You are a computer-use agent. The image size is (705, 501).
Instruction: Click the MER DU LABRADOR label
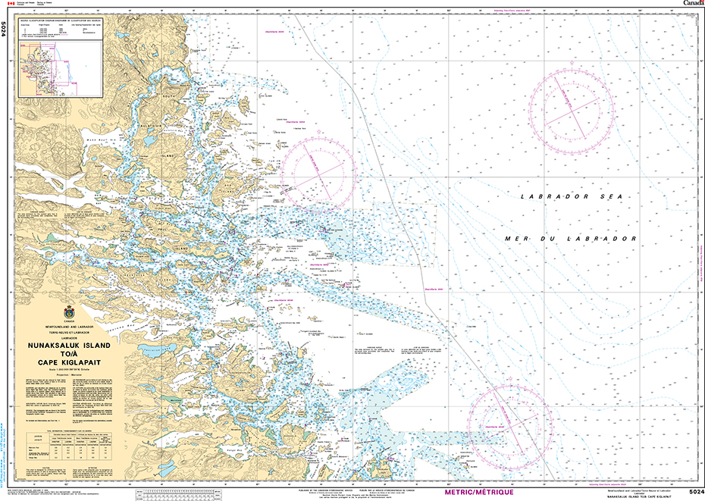(x=570, y=238)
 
